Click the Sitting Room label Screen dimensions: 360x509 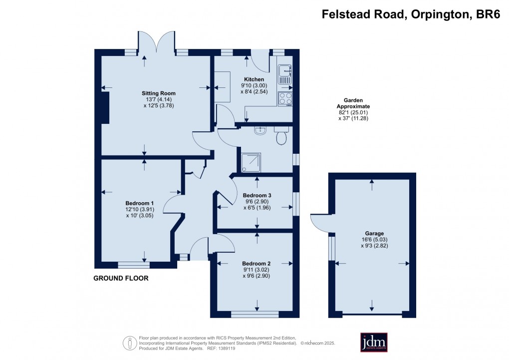click(158, 93)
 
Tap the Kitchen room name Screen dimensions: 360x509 click(254, 79)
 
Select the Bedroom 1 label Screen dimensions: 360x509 click(139, 203)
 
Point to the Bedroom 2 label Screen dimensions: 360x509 click(256, 264)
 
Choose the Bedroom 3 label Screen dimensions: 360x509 click(256, 195)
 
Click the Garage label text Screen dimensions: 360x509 click(374, 233)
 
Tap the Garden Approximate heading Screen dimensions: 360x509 click(353, 103)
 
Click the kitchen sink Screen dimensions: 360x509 click(285, 73)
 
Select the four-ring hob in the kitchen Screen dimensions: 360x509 click(285, 99)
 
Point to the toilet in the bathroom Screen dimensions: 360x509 click(281, 136)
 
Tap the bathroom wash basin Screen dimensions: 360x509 click(260, 131)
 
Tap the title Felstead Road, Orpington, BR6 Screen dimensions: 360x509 click(411, 15)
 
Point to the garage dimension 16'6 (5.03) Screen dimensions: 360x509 click(374, 239)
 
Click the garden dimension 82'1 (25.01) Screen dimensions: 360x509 click(353, 112)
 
